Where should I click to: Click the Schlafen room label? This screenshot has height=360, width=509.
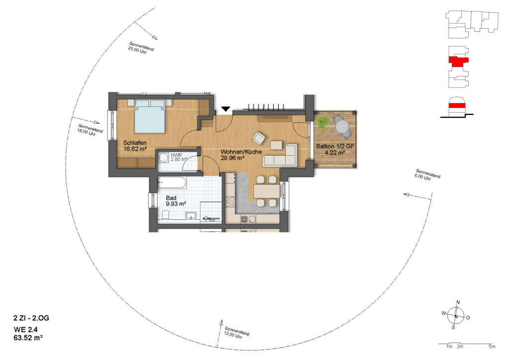[x=135, y=143]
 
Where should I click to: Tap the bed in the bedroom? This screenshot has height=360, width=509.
[x=150, y=116]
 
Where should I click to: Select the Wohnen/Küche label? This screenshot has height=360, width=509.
[x=241, y=152]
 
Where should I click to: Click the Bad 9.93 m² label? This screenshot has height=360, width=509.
[x=175, y=201]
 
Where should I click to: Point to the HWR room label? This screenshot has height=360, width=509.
[x=176, y=155]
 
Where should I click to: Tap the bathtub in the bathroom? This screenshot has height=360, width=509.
[x=171, y=182]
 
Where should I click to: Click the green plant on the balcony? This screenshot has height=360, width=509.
[x=322, y=122]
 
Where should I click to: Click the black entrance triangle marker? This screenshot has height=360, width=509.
[x=226, y=109]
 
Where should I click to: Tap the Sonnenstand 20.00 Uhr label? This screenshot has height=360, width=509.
[x=141, y=48]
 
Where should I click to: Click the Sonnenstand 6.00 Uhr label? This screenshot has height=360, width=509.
[x=427, y=175]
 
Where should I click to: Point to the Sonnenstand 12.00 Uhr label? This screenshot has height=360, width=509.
[x=237, y=333]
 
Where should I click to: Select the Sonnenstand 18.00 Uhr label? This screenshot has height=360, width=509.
[x=90, y=130]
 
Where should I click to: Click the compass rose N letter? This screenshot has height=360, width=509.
[x=458, y=302]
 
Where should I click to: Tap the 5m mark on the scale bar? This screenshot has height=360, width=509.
[x=492, y=347]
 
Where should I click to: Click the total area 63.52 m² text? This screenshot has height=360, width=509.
[x=28, y=338]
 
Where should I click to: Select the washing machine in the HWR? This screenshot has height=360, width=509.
[x=163, y=158]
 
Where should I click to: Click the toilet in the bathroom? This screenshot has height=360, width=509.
[x=165, y=215]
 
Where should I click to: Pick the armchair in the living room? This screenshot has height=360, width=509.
[x=259, y=138]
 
